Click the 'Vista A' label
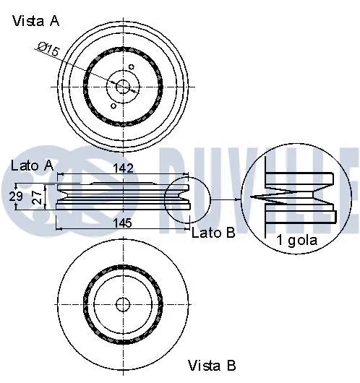click(35, 21)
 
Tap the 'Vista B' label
click(212, 365)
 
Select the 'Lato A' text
click(33, 165)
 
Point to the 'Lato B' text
click(213, 233)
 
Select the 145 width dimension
click(123, 224)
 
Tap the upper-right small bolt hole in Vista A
click(132, 69)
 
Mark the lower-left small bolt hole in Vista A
click(113, 106)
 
